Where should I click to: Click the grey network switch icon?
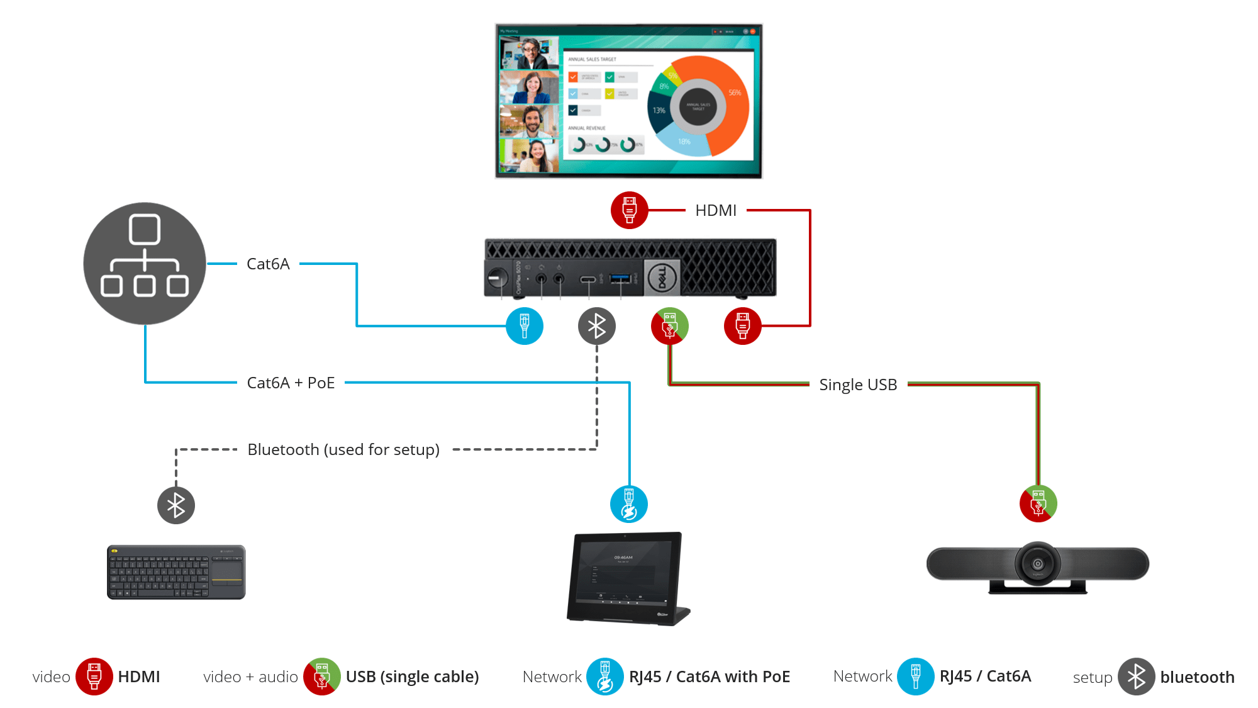tap(145, 263)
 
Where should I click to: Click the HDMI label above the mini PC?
tap(716, 210)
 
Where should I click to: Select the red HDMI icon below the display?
tap(629, 210)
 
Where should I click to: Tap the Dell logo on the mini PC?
tap(662, 278)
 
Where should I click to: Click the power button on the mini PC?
tap(497, 278)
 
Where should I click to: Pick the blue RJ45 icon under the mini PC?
tap(525, 326)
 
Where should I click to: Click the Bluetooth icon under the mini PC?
tap(596, 326)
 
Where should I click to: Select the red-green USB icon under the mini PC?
tap(670, 326)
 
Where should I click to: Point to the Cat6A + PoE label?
tap(291, 383)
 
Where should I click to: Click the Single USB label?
tap(858, 385)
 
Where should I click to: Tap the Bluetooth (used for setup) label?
tap(343, 449)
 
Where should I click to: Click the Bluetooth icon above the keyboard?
tap(176, 505)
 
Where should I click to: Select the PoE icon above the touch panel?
tap(629, 504)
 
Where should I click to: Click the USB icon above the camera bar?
tap(1038, 503)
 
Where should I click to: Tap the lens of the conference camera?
tap(1038, 563)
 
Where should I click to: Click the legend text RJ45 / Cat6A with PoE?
tap(710, 677)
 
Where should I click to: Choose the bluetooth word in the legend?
tap(1197, 677)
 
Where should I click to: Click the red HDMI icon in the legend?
tap(94, 677)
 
